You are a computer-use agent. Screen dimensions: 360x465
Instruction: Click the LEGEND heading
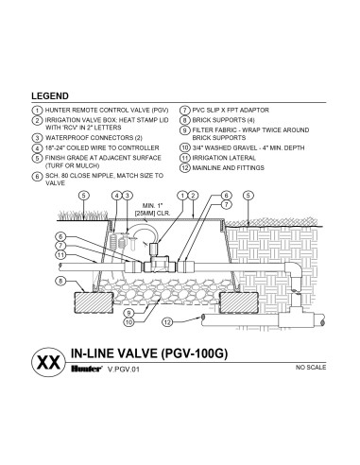pos(50,96)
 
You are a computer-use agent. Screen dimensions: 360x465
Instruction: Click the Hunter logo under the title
pos(86,369)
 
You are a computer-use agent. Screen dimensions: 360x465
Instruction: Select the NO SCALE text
pos(311,368)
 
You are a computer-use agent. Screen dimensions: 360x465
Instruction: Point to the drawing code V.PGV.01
pos(123,370)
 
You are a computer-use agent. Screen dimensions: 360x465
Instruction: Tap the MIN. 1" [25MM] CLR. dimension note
pos(152,210)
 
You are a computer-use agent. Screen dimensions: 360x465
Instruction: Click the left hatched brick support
pos(94,302)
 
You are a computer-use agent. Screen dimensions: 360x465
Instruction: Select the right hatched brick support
pos(239,302)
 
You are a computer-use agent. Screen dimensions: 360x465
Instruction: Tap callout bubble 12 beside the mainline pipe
pos(167,322)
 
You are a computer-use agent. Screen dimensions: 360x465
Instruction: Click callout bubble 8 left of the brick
pos(60,281)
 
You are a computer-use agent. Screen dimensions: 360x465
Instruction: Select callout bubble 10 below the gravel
pos(129,322)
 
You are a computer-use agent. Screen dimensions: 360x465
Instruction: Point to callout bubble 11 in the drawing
pos(60,255)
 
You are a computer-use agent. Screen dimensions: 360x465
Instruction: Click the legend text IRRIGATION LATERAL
pos(224,158)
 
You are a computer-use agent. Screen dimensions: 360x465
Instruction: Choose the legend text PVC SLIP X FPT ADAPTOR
pos(231,111)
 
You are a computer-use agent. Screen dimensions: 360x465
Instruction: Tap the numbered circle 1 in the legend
pos(37,111)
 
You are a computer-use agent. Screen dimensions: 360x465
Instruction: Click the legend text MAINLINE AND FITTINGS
pos(228,168)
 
